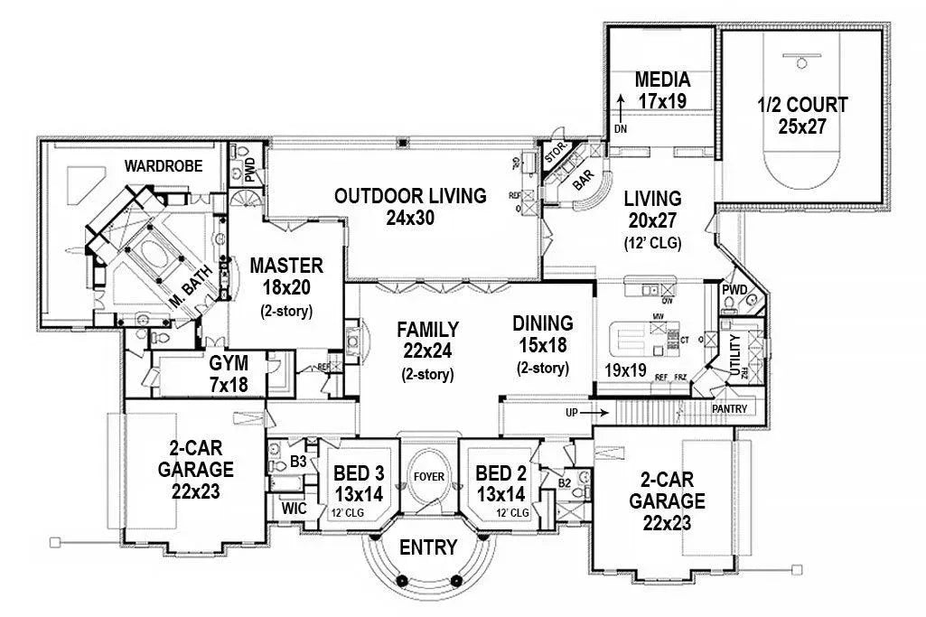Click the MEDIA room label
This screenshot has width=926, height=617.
coord(662,79)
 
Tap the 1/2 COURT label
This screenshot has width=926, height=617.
coord(802,106)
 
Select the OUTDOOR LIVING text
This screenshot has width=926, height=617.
coord(410,195)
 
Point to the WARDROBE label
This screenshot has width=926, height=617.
coord(164,166)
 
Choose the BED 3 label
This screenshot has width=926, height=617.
coord(360,473)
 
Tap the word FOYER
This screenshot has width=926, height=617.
coord(429,474)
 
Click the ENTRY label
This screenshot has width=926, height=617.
coord(428,547)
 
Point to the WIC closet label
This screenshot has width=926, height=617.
coord(295,509)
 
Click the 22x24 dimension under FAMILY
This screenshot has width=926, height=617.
coord(427,351)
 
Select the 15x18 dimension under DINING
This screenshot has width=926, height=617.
coord(542,345)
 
